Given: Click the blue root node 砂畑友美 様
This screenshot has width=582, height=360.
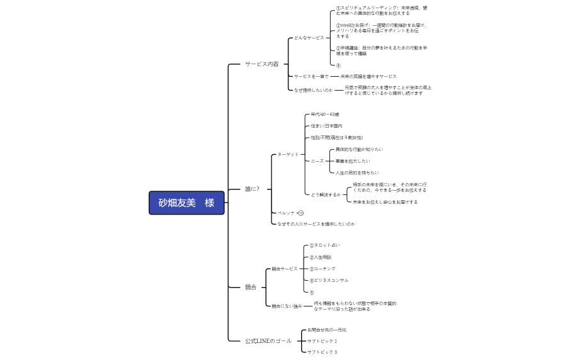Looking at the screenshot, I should pos(187,203).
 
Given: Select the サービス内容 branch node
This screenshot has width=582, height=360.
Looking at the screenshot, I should pos(262,64).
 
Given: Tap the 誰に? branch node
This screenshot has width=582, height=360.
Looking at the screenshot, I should pos(252,189).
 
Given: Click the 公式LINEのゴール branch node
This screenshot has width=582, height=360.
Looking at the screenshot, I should pos(268,340).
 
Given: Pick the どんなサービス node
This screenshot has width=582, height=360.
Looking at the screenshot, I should pos(309,38).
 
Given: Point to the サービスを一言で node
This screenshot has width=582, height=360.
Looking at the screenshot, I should pos(311,76).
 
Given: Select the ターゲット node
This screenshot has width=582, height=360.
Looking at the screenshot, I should pos(288,154).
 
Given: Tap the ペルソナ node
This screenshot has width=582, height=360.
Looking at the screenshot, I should pos(287,213).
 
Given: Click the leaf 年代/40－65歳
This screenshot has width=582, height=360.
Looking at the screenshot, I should pos(325,115).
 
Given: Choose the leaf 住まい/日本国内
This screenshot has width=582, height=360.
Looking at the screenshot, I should pos(326,126).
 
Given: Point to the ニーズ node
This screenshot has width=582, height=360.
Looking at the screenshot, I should pos(317,160).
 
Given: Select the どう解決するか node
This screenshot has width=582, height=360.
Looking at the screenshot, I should pos(326,195).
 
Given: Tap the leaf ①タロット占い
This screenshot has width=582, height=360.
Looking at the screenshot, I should pos(324,245).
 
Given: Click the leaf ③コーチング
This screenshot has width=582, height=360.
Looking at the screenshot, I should pos(322,269).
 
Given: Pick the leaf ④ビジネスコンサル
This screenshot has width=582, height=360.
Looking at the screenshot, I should pos(329,280).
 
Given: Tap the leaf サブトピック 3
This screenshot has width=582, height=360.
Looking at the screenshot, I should pos(322,352).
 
